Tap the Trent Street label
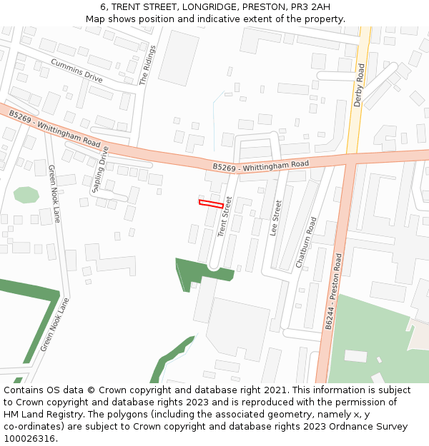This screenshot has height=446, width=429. pos(225,216)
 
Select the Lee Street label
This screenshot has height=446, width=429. pos(275,218)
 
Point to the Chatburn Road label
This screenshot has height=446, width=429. pos(306,243)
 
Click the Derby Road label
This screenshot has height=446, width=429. pos(359,86)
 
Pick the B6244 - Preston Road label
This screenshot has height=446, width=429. pos(334,290)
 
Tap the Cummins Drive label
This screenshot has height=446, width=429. pos(77,70)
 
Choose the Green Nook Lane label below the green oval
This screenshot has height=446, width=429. pos(54,193)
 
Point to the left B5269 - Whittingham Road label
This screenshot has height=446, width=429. pos(55,128)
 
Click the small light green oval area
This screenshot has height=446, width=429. pos(26,195)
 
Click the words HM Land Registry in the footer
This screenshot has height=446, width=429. pos(44,414)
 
